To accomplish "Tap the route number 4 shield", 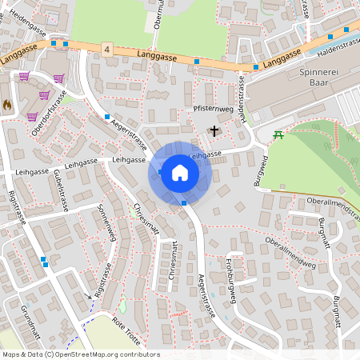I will coord(106,50).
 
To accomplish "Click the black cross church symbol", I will coord(214,130).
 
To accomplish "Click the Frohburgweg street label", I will coord(230,286).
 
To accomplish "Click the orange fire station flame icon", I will coord(7,104).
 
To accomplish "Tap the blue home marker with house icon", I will coord(179,173).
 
